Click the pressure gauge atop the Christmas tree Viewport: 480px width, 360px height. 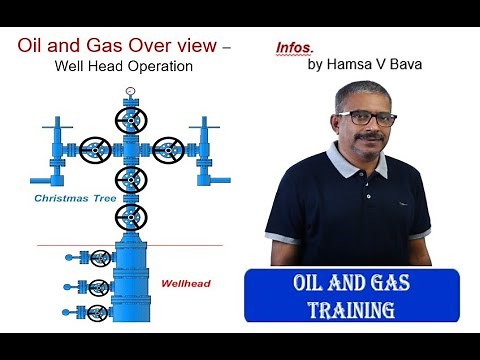(131, 92)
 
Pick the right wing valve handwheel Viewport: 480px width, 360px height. (168, 151)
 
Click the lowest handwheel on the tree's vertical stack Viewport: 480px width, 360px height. (131, 217)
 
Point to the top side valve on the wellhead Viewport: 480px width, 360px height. (100, 258)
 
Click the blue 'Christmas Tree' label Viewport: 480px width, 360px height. (76, 199)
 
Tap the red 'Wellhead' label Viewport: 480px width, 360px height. (184, 283)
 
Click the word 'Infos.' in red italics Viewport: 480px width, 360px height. (293, 47)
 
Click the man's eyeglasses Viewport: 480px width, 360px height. (366, 117)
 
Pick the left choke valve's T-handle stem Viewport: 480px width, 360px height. (57, 128)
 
